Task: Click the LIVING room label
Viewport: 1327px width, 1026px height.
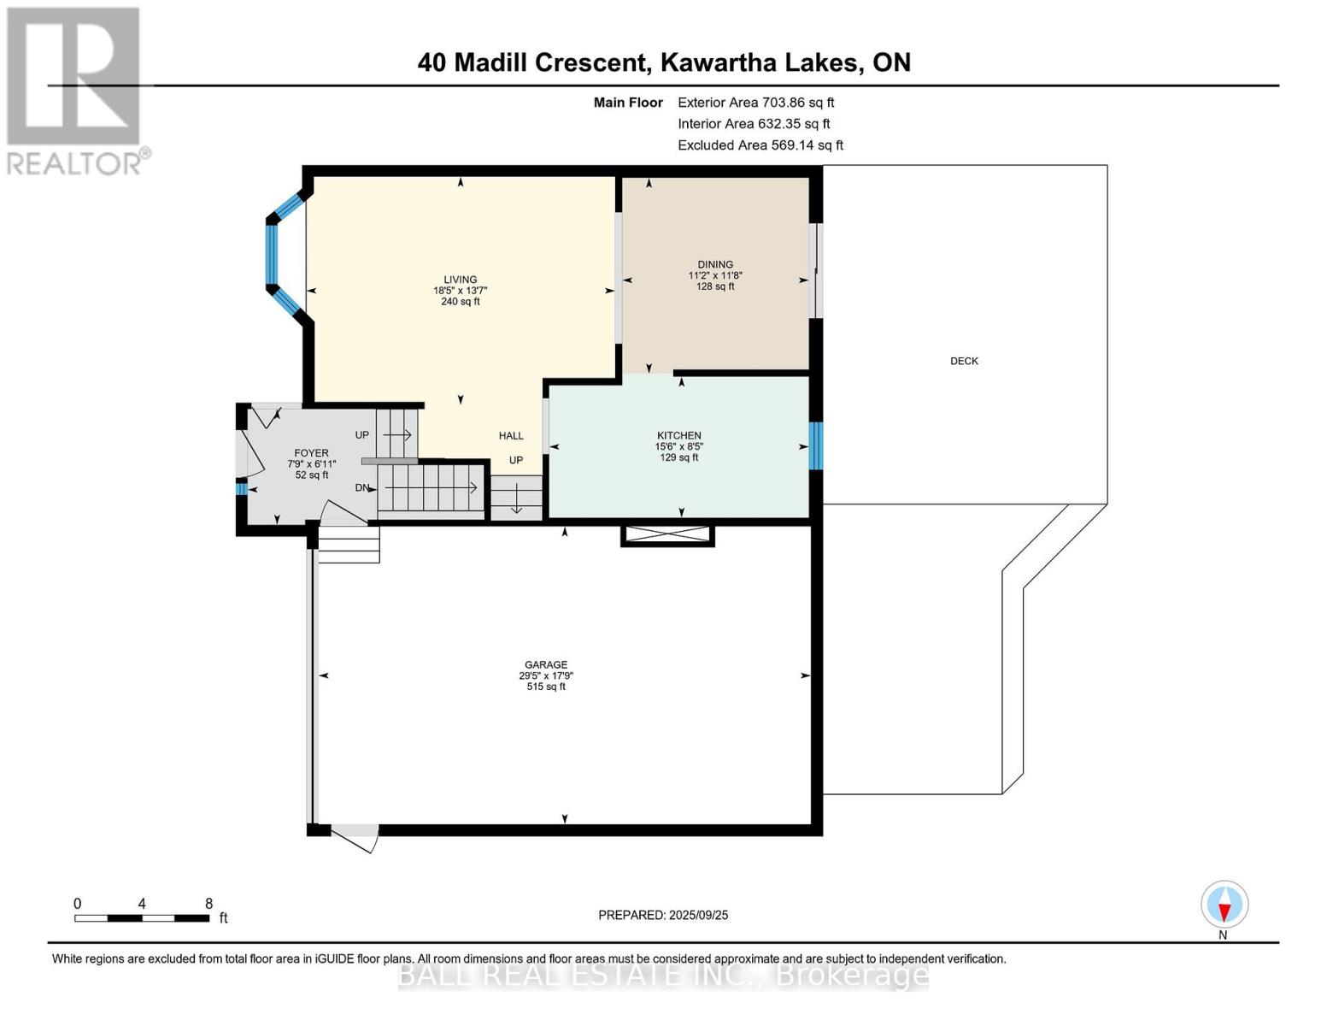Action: tap(460, 280)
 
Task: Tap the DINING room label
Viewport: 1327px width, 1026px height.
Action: tap(715, 264)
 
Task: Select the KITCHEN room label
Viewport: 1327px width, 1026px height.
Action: tap(679, 435)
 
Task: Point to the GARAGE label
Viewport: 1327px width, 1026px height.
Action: tap(546, 664)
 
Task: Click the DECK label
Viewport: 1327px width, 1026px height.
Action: tap(964, 361)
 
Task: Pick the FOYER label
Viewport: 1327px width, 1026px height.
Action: tap(311, 453)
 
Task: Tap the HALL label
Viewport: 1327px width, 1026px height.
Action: tap(511, 436)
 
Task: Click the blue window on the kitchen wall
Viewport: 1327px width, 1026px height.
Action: tap(816, 446)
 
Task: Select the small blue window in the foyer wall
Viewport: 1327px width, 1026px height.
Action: tap(241, 489)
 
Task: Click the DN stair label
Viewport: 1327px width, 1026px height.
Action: tap(363, 487)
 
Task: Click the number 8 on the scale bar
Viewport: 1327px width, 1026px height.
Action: tap(208, 903)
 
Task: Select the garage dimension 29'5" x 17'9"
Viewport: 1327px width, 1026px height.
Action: tap(546, 675)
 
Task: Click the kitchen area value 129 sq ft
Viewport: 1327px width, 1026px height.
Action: tap(679, 457)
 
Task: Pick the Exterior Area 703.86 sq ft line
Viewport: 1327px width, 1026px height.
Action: tap(756, 103)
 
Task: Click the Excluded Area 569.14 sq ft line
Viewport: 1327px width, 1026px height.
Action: tap(760, 145)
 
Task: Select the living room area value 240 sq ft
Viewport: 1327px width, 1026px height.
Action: tap(461, 301)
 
